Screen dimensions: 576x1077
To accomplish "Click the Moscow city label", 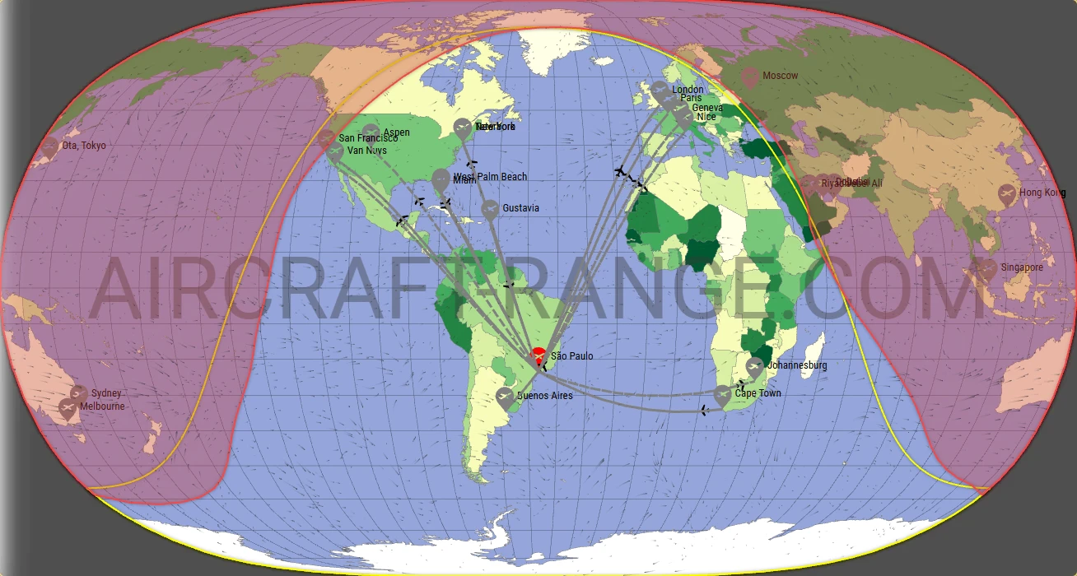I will [780, 76].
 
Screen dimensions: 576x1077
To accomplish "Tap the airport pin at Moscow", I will [749, 77].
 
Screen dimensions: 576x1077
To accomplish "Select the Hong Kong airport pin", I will [1006, 194].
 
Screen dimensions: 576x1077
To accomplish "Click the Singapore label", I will [1022, 267].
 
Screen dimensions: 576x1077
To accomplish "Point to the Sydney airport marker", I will [79, 394].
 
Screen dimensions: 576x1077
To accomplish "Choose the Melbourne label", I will [103, 406].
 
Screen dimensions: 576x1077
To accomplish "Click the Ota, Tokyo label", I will [84, 146].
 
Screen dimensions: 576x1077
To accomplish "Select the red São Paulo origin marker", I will [538, 355].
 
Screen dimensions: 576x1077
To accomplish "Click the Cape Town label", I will [758, 393].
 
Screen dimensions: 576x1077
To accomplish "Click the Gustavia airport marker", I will [490, 209].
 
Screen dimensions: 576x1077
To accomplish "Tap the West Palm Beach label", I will [490, 177].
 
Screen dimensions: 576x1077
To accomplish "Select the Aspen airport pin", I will [371, 132].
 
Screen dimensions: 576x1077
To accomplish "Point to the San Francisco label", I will [368, 138].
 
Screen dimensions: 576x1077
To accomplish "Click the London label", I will [688, 90].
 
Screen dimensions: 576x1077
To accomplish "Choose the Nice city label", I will [706, 117].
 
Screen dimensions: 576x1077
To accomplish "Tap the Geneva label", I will [706, 108].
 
